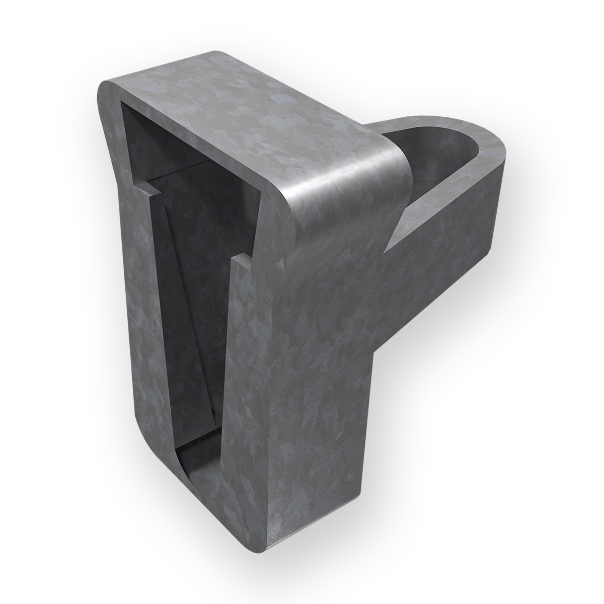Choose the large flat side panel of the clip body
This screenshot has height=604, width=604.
pyautogui.click(x=322, y=377)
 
